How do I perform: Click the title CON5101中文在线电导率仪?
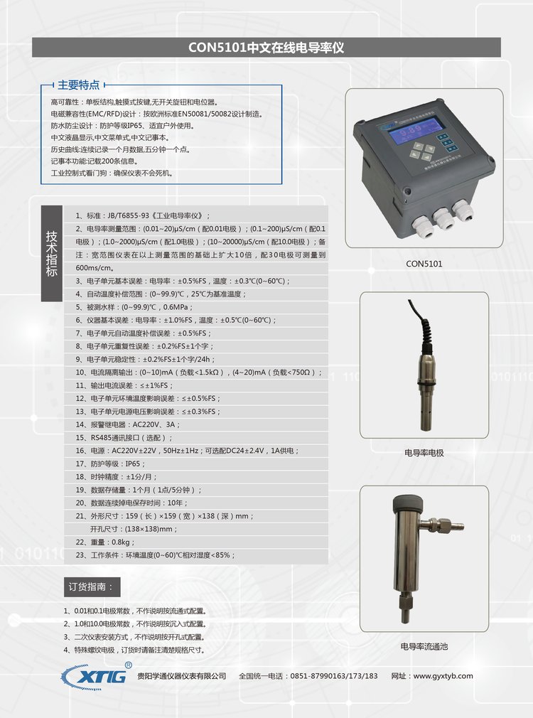click(x=266, y=48)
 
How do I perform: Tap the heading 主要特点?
click(x=78, y=85)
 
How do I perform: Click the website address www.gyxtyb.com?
click(x=443, y=676)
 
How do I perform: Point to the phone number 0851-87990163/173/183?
click(x=334, y=676)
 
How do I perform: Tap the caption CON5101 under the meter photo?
click(x=424, y=264)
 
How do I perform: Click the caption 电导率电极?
click(x=424, y=453)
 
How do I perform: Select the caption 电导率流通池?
click(x=424, y=647)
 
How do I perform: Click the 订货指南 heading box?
click(x=92, y=586)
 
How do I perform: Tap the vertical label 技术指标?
click(x=51, y=253)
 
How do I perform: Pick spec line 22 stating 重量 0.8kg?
click(x=105, y=542)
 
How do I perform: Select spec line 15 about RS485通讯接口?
click(x=124, y=438)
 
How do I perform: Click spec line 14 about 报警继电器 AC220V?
click(x=128, y=424)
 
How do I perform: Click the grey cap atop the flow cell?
click(x=408, y=504)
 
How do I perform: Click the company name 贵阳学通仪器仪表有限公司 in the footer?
click(x=182, y=676)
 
